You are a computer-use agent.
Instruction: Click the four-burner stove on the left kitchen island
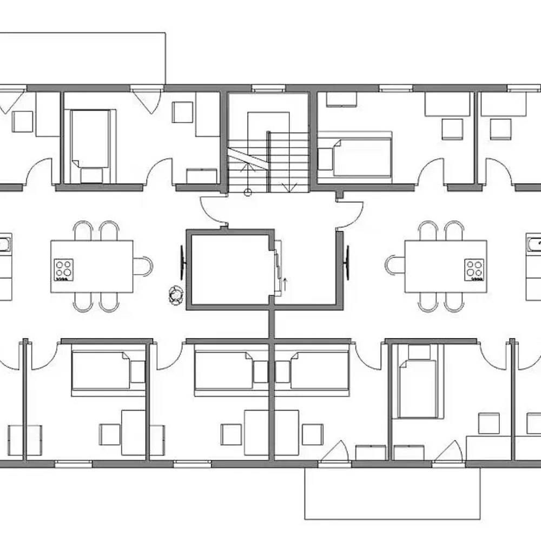(x=64, y=269)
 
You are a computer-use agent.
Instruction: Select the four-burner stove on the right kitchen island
(x=474, y=269)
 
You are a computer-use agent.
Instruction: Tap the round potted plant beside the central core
(x=176, y=294)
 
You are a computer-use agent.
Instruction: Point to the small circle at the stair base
(x=248, y=191)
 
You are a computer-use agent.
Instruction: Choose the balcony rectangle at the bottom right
(x=392, y=492)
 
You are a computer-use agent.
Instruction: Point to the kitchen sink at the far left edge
(x=4, y=245)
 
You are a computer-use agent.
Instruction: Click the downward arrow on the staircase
(x=292, y=187)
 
